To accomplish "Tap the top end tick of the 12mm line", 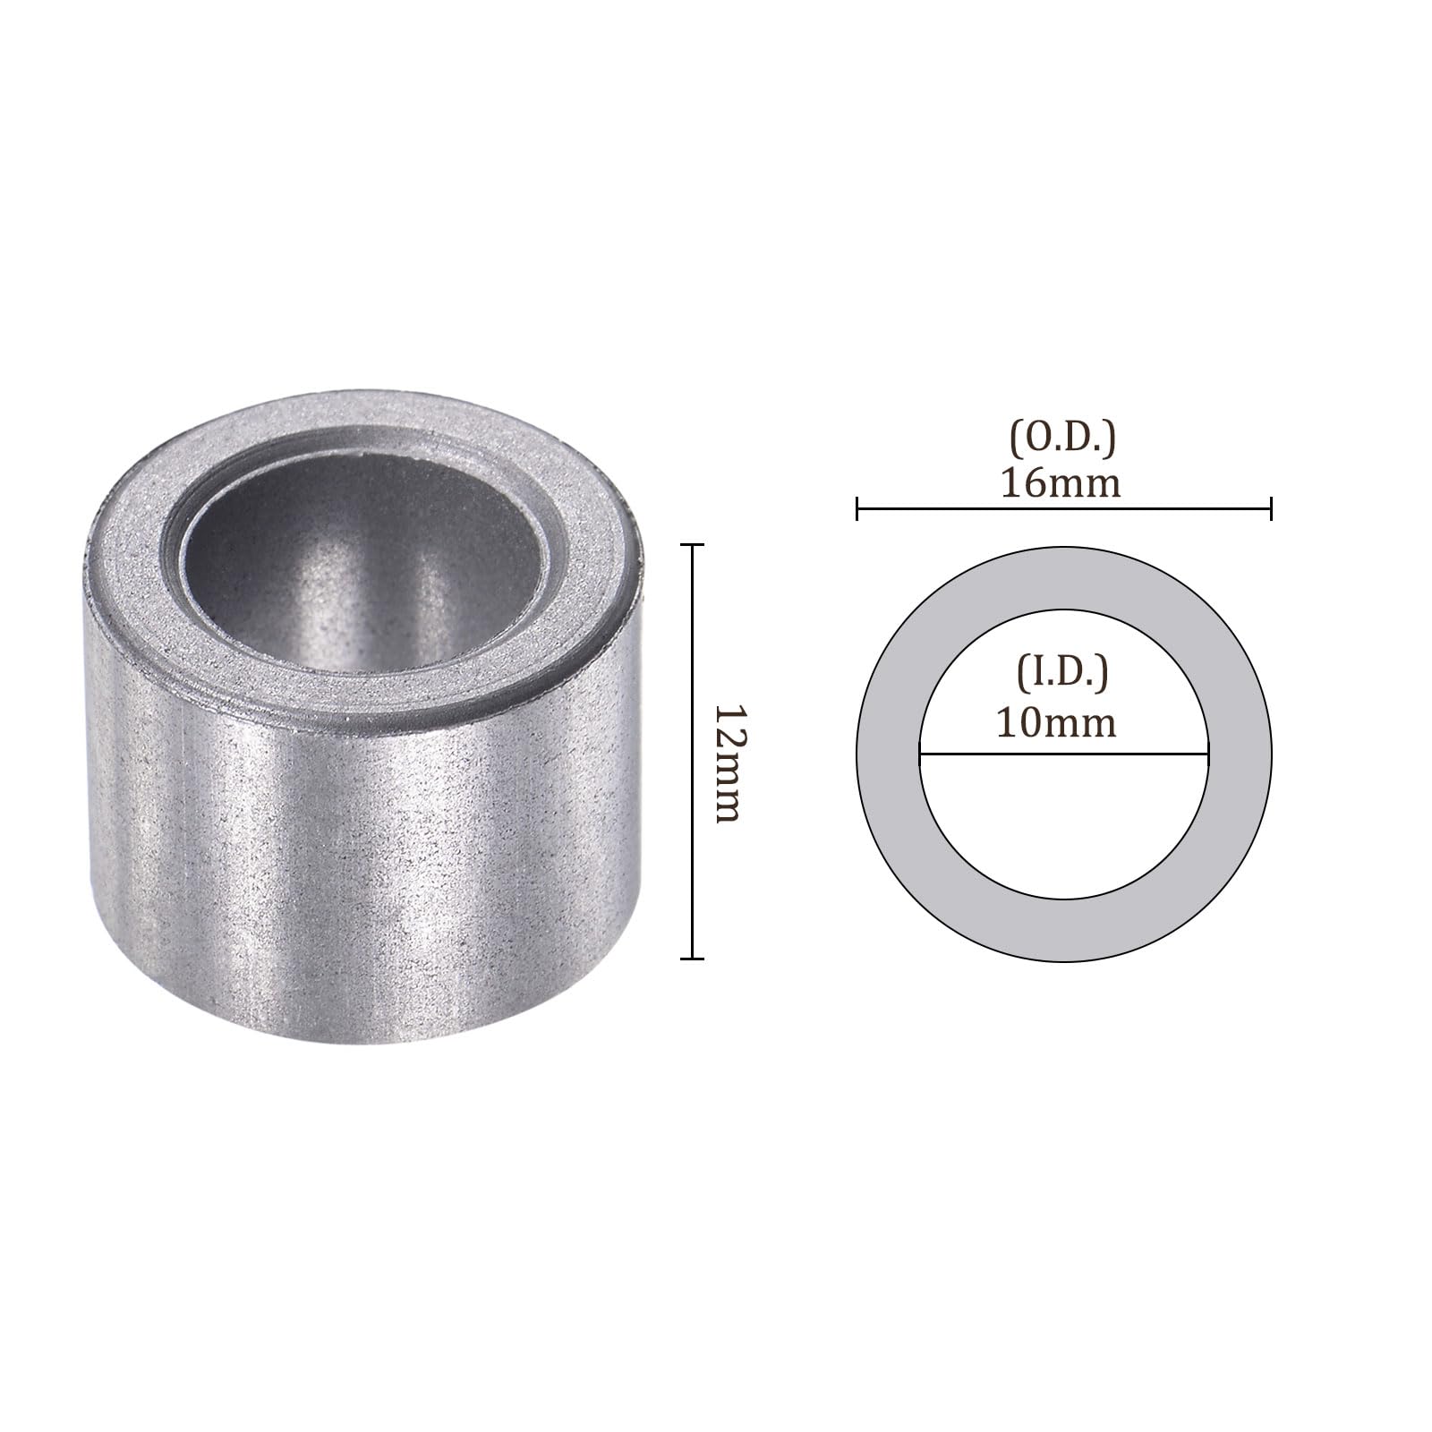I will click(x=692, y=545).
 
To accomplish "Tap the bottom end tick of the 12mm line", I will click(x=692, y=959).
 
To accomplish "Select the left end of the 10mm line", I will click(x=921, y=754).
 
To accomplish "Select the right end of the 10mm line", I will click(x=1208, y=754).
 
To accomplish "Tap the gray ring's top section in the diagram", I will click(x=1064, y=577).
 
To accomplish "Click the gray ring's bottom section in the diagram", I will click(x=1064, y=931).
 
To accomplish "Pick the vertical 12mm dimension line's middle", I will click(x=692, y=752).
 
